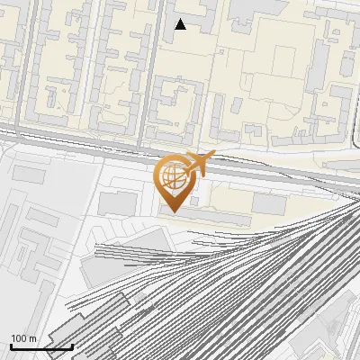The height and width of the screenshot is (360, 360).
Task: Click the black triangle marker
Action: tap(180, 24)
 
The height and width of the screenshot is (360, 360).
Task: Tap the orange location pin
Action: tap(175, 181)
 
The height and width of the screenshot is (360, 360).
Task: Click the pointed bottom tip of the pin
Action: tap(174, 212)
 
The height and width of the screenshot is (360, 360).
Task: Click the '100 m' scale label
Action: tap(23, 338)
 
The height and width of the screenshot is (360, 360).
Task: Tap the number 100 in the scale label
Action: tap(19, 338)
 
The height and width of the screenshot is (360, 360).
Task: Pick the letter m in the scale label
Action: tap(31, 338)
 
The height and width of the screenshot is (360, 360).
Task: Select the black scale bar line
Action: tap(41, 346)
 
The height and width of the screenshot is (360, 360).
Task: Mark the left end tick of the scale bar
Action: tap(12, 345)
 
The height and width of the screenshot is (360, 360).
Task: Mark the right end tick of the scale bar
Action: tap(72, 345)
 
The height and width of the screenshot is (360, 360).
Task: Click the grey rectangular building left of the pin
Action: tap(117, 203)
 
